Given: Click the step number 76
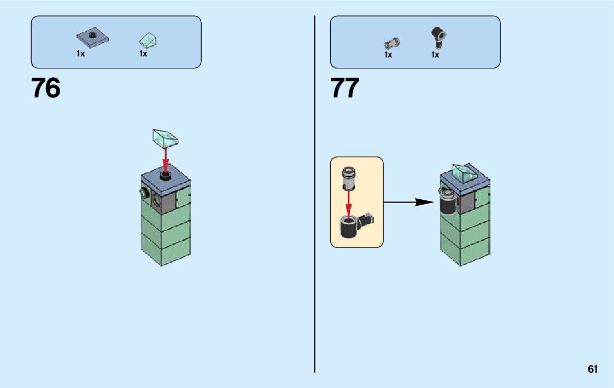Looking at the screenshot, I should pyautogui.click(x=46, y=88).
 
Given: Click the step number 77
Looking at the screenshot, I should pyautogui.click(x=345, y=88).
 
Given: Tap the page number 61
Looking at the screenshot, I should pyautogui.click(x=593, y=369).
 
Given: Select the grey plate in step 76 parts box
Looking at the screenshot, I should pyautogui.click(x=92, y=38).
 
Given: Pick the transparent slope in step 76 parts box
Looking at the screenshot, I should pyautogui.click(x=148, y=40).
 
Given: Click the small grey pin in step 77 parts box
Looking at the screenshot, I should pyautogui.click(x=391, y=42).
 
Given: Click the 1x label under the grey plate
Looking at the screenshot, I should pyautogui.click(x=80, y=54).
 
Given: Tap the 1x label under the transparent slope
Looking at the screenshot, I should pyautogui.click(x=143, y=54).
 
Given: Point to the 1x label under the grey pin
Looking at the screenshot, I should pyautogui.click(x=388, y=55).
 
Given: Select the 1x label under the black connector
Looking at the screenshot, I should pyautogui.click(x=435, y=55).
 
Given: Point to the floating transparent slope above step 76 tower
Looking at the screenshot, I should pyautogui.click(x=166, y=137).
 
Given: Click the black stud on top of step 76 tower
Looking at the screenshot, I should pyautogui.click(x=166, y=175).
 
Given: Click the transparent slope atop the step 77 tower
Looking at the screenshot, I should pyautogui.click(x=464, y=174).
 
